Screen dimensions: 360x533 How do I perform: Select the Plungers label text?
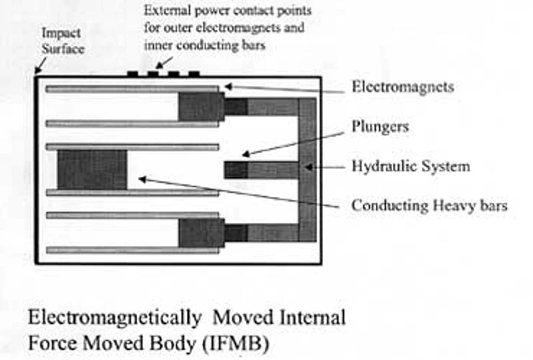pyautogui.click(x=379, y=126)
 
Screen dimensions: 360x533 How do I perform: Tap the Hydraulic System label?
pyautogui.click(x=411, y=166)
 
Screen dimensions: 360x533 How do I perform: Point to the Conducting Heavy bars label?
pyautogui.click(x=429, y=206)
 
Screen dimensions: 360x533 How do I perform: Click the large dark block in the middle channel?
pyautogui.click(x=92, y=170)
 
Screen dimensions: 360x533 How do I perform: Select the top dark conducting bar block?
pyautogui.click(x=200, y=106)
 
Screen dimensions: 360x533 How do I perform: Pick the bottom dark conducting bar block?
pyautogui.click(x=200, y=232)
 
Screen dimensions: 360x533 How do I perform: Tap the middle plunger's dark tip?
pyautogui.click(x=236, y=170)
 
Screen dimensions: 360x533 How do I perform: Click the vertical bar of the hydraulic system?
pyautogui.click(x=307, y=170)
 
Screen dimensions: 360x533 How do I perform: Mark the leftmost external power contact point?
pyautogui.click(x=132, y=73)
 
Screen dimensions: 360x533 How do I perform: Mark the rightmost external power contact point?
pyautogui.click(x=194, y=73)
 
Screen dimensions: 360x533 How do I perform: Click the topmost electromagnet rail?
pyautogui.click(x=132, y=89)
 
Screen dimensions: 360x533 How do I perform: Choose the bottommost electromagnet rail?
pyautogui.click(x=132, y=250)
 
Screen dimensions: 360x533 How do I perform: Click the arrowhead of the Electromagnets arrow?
pyautogui.click(x=228, y=86)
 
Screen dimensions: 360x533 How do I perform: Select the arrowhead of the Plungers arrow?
pyautogui.click(x=244, y=154)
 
